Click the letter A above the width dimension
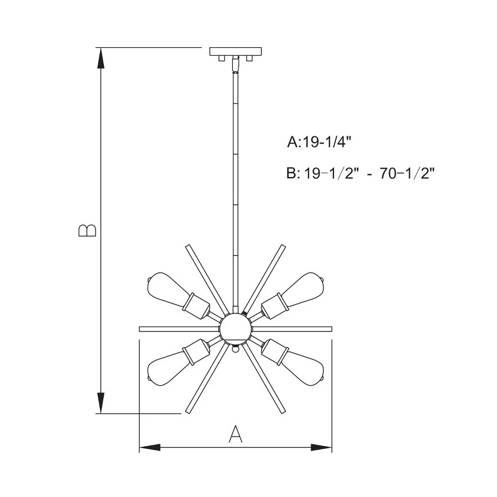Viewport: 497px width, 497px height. coord(236,434)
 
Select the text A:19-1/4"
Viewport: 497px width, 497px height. coord(320,142)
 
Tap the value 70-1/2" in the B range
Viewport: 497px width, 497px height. coord(408,173)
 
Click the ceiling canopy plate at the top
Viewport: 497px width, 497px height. coord(236,51)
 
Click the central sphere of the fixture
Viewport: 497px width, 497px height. coord(236,329)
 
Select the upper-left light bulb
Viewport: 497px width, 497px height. coord(167,289)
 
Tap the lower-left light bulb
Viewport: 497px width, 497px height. coord(167,369)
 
